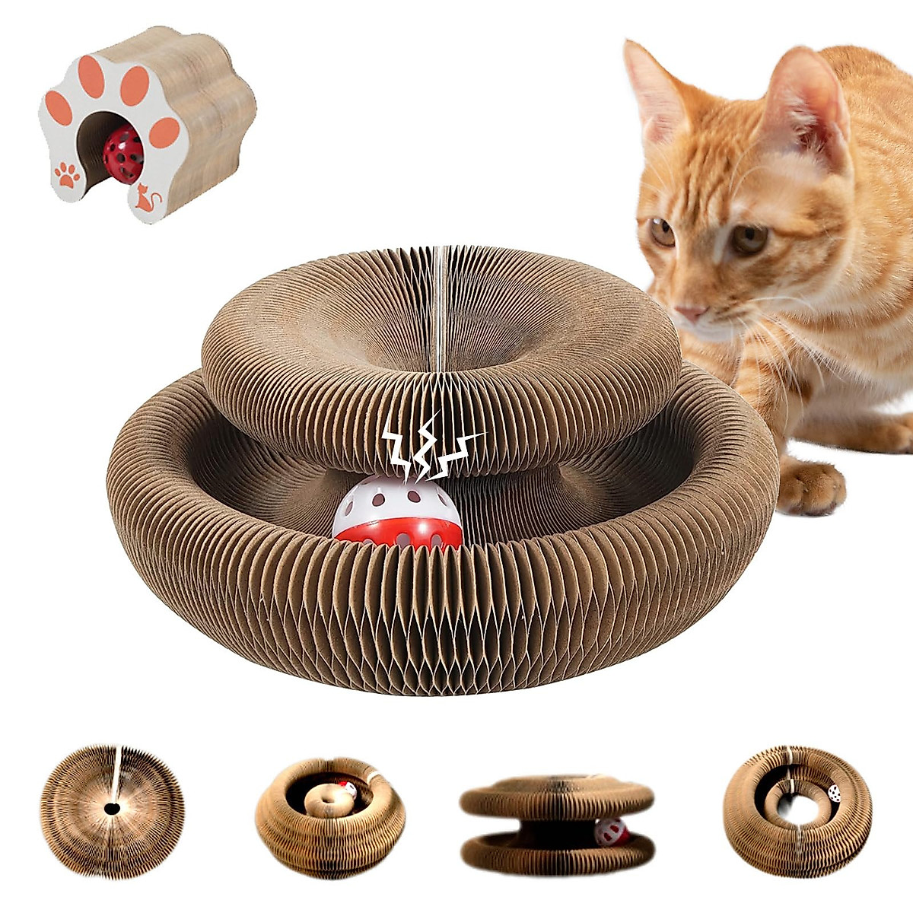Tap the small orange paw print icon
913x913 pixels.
click(x=68, y=175)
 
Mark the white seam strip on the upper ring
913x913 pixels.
click(x=441, y=304)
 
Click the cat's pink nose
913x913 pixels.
click(x=690, y=313)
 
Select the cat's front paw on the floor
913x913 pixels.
click(x=810, y=486)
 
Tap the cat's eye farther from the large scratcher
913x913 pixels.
click(x=749, y=239)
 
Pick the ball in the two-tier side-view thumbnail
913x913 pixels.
click(x=612, y=832)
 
